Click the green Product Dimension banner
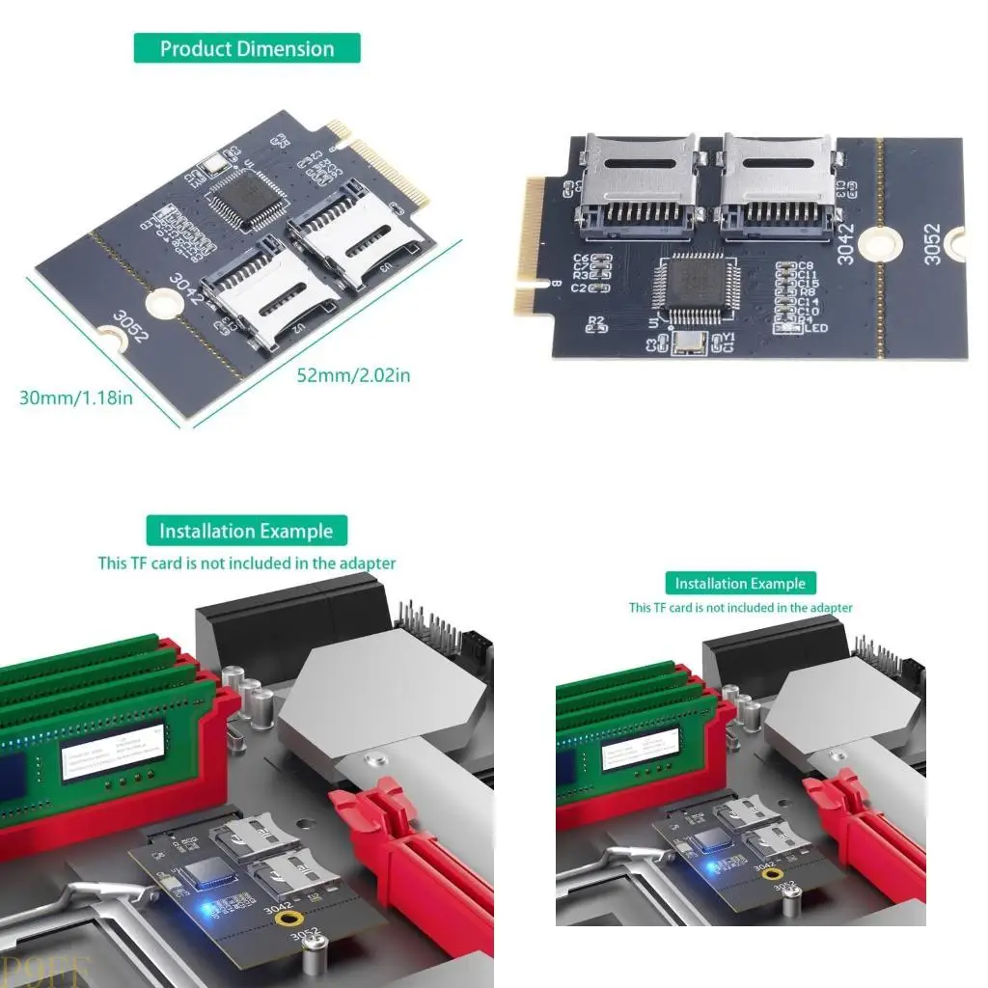coord(247,48)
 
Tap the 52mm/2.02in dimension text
coord(353,374)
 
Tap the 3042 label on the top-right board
coord(845,242)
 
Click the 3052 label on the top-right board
coord(931,244)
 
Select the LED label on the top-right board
coord(816,328)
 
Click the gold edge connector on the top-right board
coord(530,246)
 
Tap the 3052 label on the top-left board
coord(130,327)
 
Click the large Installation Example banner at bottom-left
coord(246,531)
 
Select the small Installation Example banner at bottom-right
coord(740,583)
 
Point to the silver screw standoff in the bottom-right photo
coord(790,903)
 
